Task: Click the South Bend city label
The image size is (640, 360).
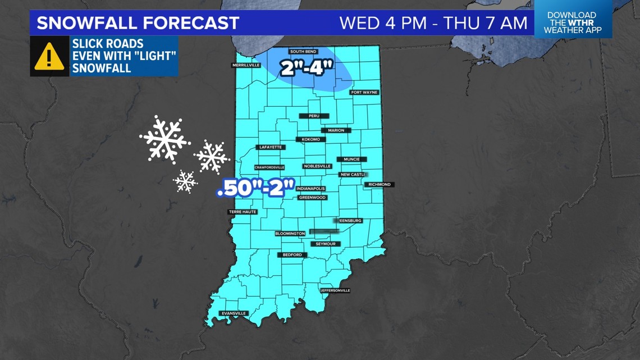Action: (304, 52)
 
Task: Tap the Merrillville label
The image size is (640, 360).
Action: (246, 65)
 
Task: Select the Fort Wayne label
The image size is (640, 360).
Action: (364, 92)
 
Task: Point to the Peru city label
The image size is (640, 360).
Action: (313, 116)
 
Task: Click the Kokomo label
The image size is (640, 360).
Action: (310, 139)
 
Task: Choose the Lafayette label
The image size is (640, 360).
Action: (270, 147)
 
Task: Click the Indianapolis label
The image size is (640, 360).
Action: (311, 189)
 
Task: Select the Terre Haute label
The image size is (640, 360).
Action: (243, 212)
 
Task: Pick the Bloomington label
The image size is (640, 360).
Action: (290, 233)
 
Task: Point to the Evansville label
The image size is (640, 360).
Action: (234, 313)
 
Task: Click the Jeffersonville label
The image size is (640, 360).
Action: (335, 290)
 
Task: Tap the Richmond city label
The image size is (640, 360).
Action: (380, 184)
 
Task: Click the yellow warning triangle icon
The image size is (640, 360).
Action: (49, 56)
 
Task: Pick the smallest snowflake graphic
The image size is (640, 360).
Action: (185, 181)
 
